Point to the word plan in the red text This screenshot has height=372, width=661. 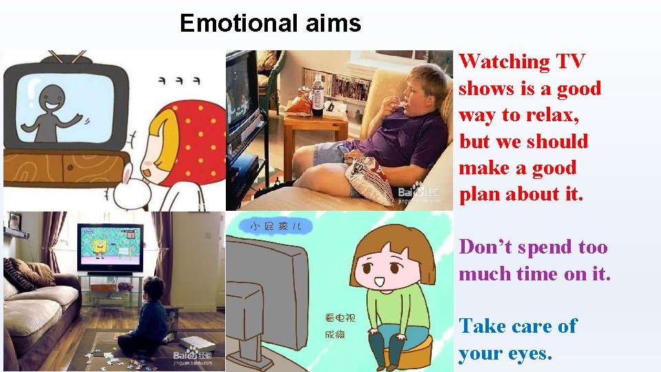(480, 194)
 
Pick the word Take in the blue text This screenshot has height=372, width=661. (483, 326)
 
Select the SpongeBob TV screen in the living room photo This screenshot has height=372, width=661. (110, 247)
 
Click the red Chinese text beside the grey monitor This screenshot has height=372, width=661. (341, 328)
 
